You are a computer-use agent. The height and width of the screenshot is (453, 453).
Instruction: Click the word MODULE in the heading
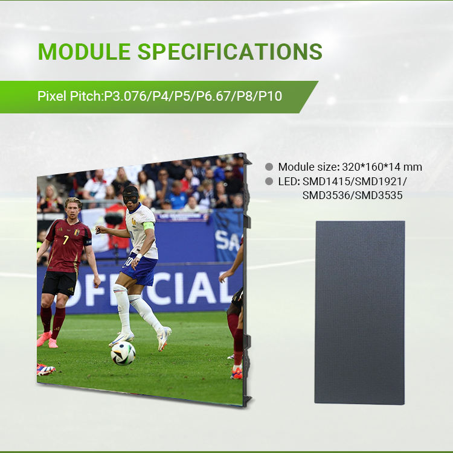coord(84,51)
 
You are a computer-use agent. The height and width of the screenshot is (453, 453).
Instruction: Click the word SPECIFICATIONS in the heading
coord(230,51)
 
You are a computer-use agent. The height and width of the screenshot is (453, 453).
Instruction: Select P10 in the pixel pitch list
coord(270,96)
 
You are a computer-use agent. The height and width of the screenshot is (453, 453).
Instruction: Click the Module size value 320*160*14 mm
coord(382,167)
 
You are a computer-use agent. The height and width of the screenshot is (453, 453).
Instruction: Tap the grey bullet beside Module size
coord(269,166)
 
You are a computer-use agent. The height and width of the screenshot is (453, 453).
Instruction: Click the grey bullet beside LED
coord(269,181)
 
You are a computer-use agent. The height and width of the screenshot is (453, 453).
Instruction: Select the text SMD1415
coord(326,182)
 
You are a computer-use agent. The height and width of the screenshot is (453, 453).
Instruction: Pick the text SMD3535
coord(379,195)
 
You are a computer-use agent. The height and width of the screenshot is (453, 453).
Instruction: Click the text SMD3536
coord(326,195)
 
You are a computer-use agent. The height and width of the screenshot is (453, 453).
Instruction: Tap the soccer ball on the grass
coord(123,353)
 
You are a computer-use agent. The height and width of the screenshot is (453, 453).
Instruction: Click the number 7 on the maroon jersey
coord(66,239)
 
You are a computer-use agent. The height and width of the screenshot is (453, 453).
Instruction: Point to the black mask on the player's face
coord(130,195)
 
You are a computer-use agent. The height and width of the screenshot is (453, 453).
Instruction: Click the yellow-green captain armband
coord(149,226)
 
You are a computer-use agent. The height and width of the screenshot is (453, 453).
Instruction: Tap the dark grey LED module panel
coord(359,312)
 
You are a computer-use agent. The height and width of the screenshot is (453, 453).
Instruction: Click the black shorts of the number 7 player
coord(60,283)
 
